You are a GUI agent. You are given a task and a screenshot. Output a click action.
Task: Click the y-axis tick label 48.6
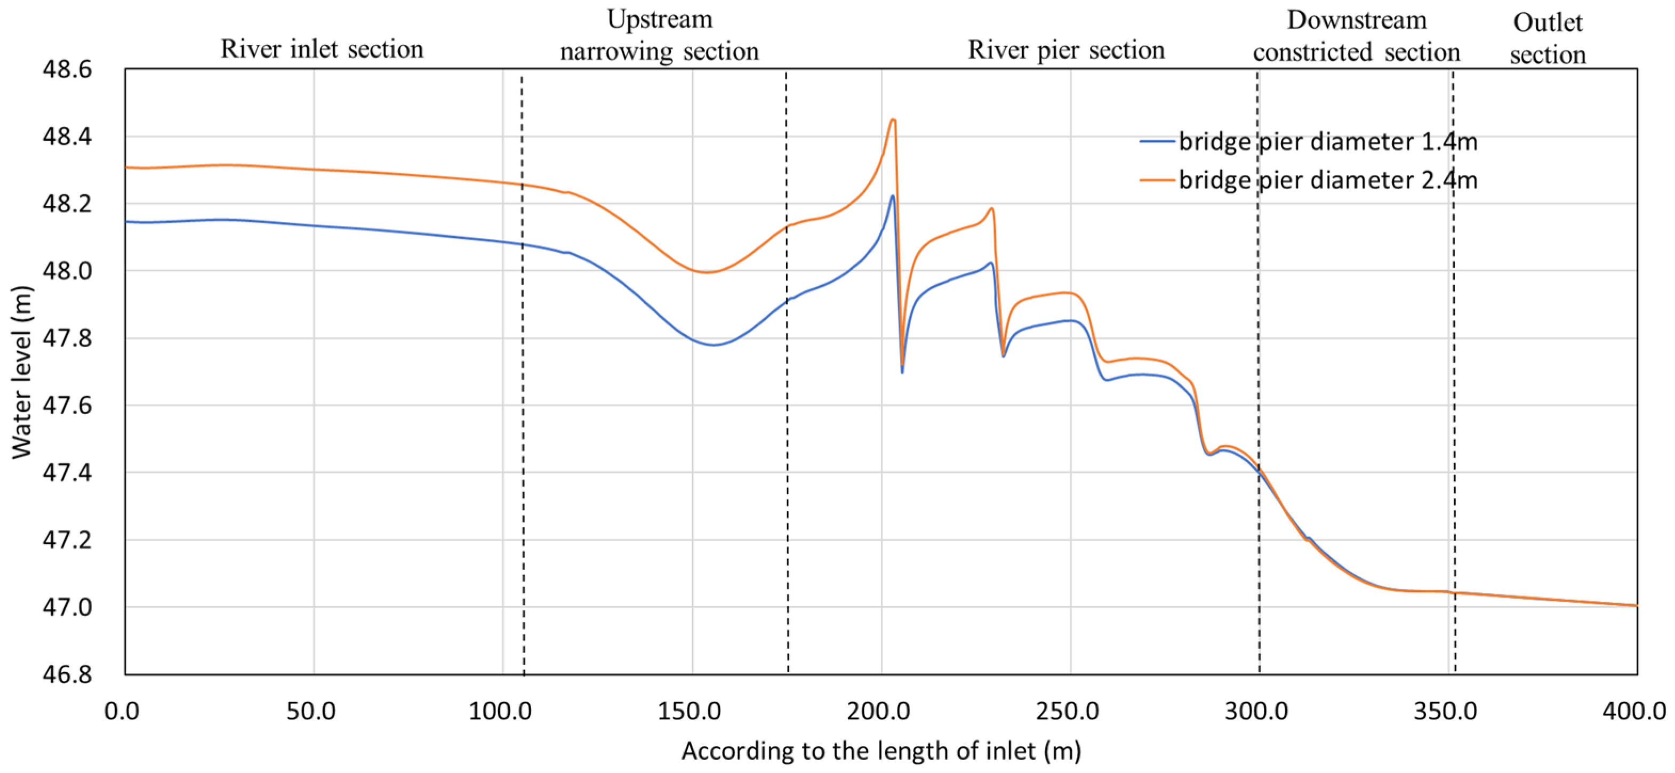[x=67, y=69]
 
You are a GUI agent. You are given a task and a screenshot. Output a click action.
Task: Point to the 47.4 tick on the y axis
[x=67, y=473]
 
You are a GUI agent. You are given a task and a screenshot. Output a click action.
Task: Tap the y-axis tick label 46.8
[x=67, y=674]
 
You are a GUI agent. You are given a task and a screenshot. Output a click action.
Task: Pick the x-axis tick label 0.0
[x=122, y=711]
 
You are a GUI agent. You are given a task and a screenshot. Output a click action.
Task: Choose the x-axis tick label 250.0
[x=1068, y=711]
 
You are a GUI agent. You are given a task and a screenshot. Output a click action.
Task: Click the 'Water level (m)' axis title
[x=21, y=372]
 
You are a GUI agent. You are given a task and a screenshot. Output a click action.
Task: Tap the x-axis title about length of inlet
[x=881, y=751]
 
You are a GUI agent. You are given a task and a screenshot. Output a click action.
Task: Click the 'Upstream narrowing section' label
[x=659, y=35]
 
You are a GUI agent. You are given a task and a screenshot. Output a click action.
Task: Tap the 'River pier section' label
[x=1065, y=50]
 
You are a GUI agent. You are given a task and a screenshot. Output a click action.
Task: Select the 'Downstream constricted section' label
[x=1357, y=36]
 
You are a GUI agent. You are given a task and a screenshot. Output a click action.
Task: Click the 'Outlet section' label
[x=1548, y=38]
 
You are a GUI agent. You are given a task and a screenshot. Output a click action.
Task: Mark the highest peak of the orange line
[x=893, y=119]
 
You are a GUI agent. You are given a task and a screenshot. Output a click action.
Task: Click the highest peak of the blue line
[x=893, y=196]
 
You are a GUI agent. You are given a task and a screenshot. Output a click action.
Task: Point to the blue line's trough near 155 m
[x=714, y=344]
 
